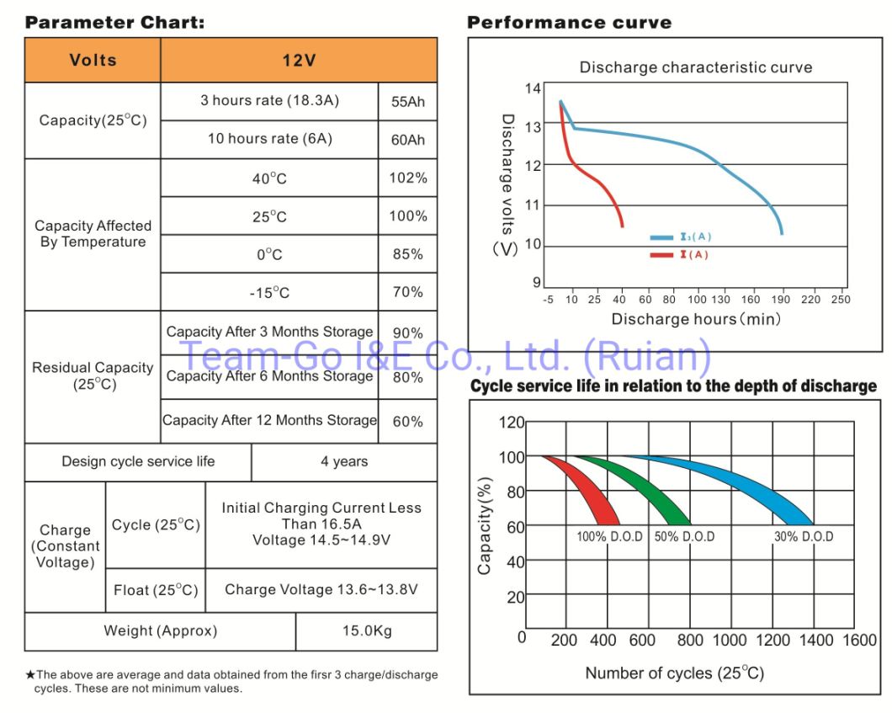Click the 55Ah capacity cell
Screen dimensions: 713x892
point(408,101)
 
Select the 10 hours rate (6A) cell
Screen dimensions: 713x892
point(269,139)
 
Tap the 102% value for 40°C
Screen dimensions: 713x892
point(408,178)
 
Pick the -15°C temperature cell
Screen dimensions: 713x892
point(269,292)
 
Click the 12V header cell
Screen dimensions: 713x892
point(299,60)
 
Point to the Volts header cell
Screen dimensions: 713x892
point(93,60)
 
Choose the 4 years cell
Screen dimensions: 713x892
point(344,461)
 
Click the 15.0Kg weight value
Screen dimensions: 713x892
point(367,631)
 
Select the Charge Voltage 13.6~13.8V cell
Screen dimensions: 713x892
point(321,589)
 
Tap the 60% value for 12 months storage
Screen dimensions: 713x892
point(408,421)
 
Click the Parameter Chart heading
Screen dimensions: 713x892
point(114,23)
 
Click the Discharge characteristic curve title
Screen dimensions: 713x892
point(696,67)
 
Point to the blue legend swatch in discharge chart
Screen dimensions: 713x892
point(661,238)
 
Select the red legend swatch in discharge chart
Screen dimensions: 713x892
point(661,254)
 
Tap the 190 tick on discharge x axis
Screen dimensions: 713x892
point(782,299)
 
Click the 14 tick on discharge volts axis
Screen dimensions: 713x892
point(533,88)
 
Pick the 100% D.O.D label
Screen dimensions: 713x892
point(610,536)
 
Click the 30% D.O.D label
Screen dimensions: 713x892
point(804,536)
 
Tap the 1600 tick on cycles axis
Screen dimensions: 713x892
point(859,641)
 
